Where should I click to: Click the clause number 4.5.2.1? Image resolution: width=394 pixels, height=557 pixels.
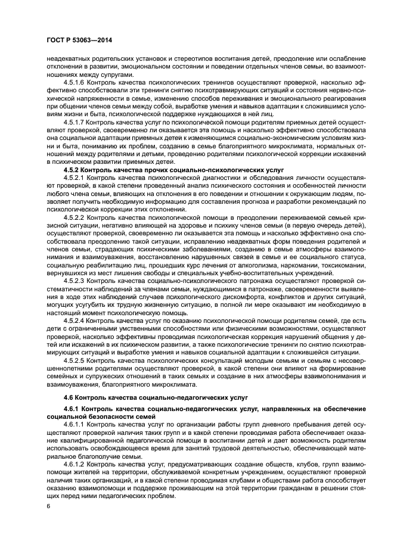(73, 178)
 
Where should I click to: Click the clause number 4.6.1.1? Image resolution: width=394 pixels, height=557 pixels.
(73, 424)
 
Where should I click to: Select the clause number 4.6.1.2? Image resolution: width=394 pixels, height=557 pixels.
(73, 463)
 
